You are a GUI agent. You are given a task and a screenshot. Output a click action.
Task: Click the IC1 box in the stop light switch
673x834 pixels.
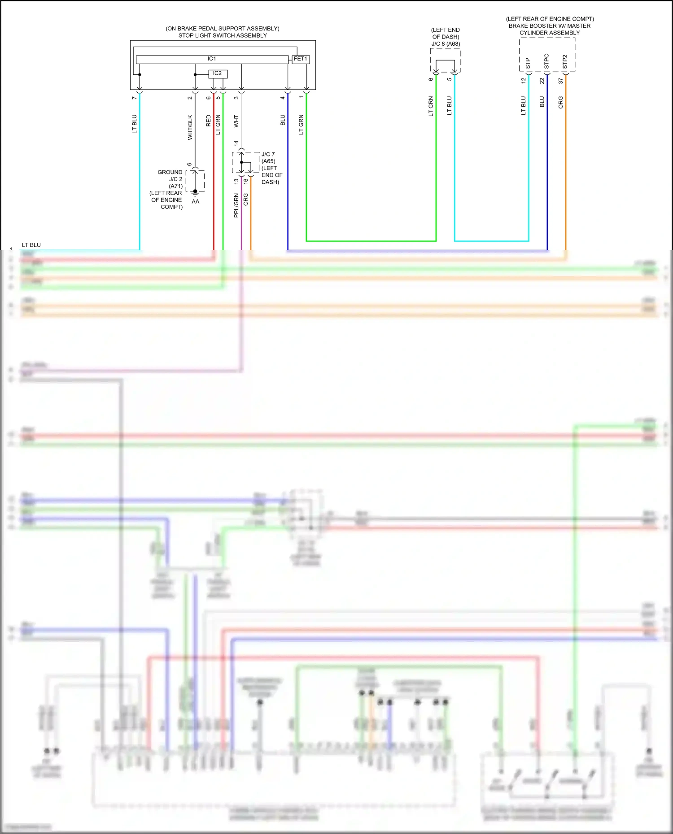(212, 59)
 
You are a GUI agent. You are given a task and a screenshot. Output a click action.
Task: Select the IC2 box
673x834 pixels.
(218, 73)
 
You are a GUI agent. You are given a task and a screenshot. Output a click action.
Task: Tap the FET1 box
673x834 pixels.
(300, 59)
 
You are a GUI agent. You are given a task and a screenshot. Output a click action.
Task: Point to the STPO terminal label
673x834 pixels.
(546, 61)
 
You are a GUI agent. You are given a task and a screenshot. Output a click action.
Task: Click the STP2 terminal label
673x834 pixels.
(564, 62)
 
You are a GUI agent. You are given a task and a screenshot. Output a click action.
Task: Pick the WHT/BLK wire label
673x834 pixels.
(190, 128)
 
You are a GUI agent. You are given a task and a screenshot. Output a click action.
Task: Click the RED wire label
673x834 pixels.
(208, 121)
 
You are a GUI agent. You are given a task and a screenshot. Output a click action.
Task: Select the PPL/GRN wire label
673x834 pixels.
(236, 206)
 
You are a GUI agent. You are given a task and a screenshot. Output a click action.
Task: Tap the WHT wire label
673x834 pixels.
(236, 121)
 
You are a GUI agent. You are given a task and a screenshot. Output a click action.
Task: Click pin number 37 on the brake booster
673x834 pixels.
(560, 81)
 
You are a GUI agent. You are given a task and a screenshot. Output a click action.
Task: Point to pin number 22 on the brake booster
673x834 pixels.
(542, 81)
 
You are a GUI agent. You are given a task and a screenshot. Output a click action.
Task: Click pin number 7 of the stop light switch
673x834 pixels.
(134, 98)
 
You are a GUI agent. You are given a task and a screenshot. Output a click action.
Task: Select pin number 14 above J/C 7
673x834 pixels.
(236, 143)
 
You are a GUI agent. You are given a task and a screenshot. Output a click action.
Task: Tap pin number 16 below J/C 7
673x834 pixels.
(245, 181)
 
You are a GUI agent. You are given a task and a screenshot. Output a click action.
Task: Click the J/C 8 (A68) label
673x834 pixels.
(446, 44)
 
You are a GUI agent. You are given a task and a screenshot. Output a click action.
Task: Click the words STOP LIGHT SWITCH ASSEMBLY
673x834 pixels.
(223, 35)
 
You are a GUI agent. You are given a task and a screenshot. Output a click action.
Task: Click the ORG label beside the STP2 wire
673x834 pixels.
(560, 102)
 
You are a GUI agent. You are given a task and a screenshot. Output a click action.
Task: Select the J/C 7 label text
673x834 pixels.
(268, 154)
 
